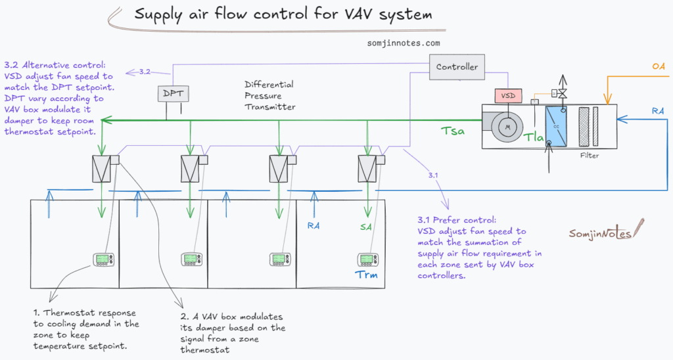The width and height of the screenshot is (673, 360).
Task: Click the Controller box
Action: click(x=457, y=67)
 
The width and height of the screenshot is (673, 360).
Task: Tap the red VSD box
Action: click(x=508, y=96)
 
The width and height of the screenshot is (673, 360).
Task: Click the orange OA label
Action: click(x=658, y=66)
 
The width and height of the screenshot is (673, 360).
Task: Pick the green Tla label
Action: click(x=534, y=137)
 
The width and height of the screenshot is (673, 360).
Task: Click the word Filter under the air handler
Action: click(x=590, y=156)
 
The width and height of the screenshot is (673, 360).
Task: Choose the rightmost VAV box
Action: click(x=366, y=169)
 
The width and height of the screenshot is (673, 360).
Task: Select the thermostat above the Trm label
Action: click(x=367, y=259)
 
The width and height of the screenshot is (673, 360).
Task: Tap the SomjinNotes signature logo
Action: click(x=599, y=233)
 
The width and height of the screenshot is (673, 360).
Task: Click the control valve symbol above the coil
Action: click(x=563, y=97)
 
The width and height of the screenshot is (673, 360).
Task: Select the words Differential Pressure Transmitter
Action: click(x=269, y=95)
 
